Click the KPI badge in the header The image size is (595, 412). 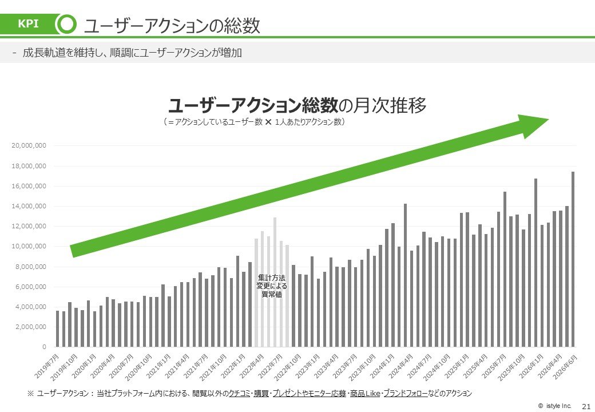[x=29, y=23]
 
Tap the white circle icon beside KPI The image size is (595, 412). [x=67, y=23]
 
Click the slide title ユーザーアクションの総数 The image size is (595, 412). [x=172, y=26]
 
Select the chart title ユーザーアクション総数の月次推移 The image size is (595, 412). [x=297, y=105]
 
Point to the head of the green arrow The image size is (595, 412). [x=549, y=120]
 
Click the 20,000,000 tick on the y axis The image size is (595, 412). [x=29, y=145]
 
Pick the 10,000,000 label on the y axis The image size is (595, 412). [x=29, y=246]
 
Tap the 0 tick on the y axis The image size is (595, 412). [x=44, y=347]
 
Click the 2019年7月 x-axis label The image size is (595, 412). [x=47, y=366]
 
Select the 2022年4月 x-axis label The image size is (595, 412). [x=252, y=366]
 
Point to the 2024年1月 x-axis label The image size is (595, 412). [x=382, y=366]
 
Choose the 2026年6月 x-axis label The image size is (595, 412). [x=565, y=366]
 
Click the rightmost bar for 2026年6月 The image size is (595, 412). [x=573, y=259]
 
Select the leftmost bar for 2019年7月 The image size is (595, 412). [x=58, y=328]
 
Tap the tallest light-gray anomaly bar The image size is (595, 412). [x=275, y=282]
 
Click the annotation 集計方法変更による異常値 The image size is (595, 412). [x=272, y=286]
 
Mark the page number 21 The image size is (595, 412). [x=586, y=406]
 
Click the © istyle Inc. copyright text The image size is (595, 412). [x=554, y=406]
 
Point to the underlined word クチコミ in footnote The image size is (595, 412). [x=240, y=394]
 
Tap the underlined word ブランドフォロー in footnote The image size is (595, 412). [x=405, y=394]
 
